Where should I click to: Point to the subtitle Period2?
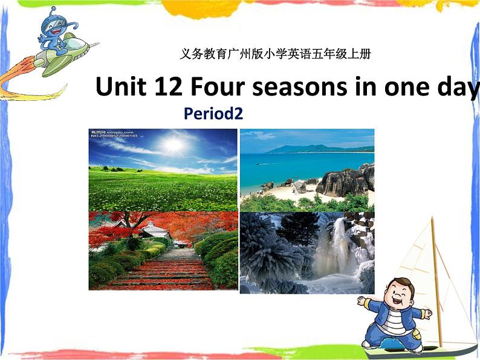[213, 114]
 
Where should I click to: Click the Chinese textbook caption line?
[275, 54]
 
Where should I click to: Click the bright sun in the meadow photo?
[174, 144]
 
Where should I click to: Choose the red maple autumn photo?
[163, 251]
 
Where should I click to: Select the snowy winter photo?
[306, 252]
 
